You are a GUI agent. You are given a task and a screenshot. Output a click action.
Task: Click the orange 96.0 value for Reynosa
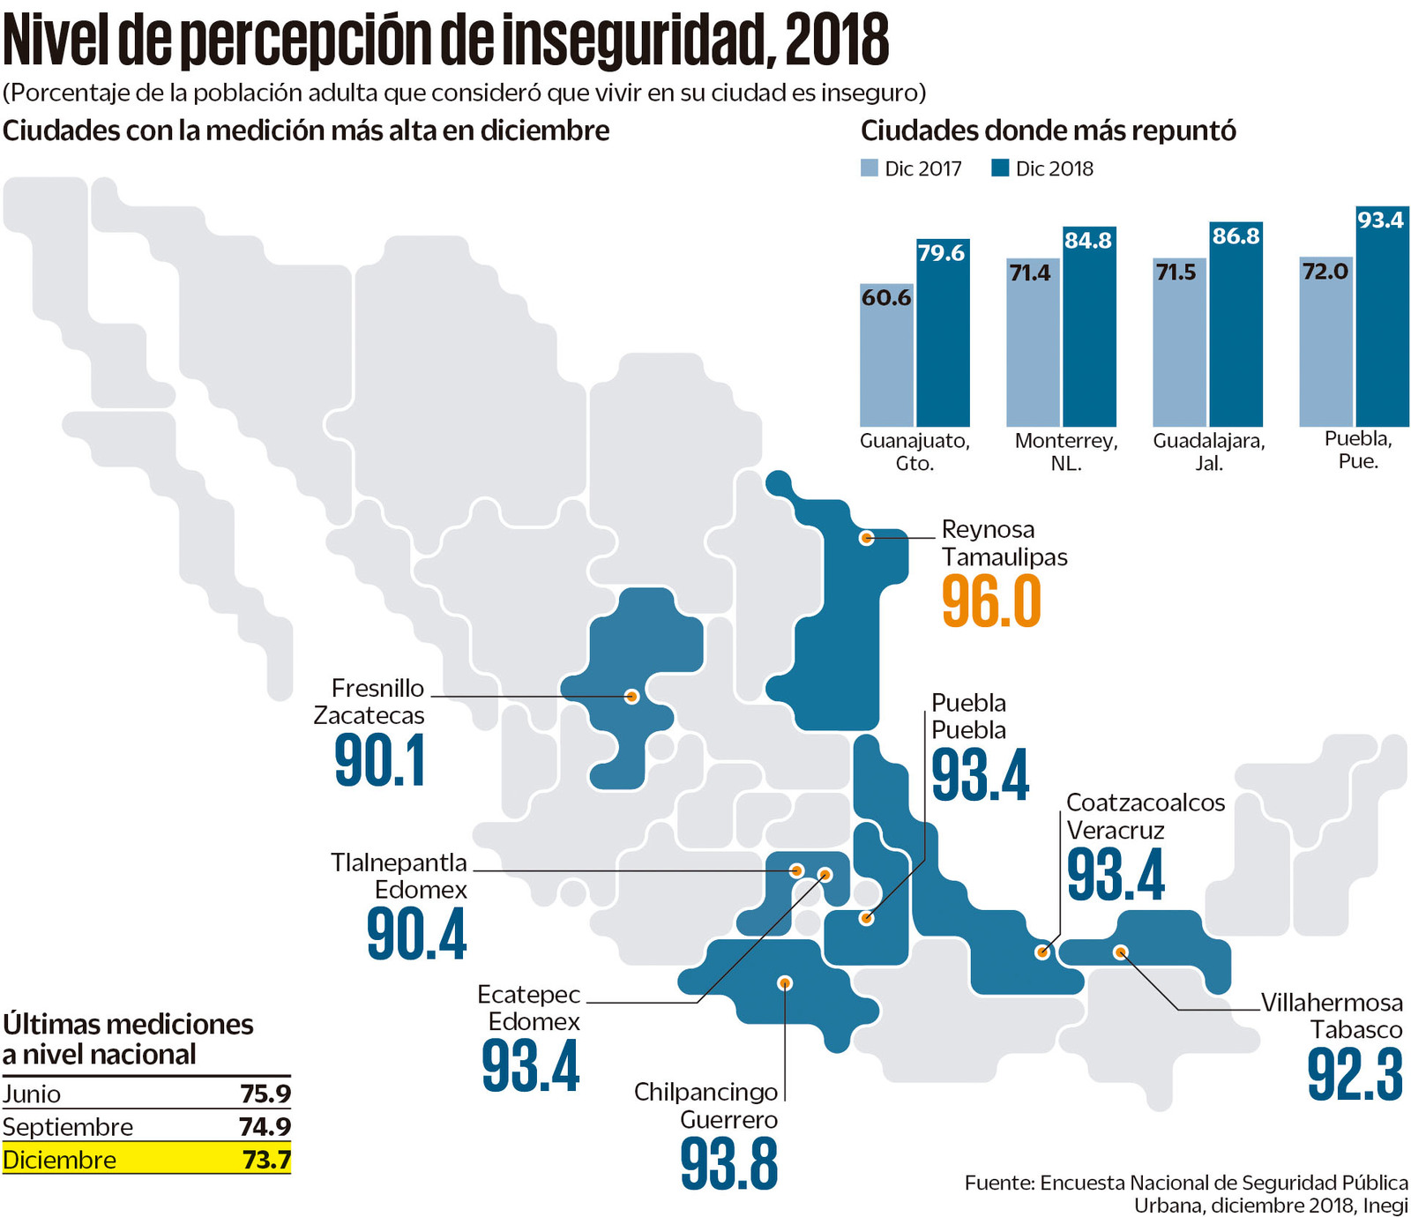point(991,601)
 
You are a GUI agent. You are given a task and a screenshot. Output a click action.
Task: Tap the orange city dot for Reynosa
point(866,537)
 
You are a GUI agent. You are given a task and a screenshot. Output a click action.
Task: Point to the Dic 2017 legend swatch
point(870,168)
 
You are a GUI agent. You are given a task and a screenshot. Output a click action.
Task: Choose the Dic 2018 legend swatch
point(1000,168)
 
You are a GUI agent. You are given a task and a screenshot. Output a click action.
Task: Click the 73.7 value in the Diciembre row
point(266,1160)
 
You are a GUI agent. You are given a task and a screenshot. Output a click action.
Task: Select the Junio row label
point(32,1094)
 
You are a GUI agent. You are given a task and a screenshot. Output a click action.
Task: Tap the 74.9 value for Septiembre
point(265,1127)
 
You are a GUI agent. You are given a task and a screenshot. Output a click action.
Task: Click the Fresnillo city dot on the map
point(631,696)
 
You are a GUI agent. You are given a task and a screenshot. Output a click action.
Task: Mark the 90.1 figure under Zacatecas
point(380,761)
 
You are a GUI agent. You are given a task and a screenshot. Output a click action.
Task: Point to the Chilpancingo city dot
point(785,982)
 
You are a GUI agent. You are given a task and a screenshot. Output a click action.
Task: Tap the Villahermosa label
point(1332,1003)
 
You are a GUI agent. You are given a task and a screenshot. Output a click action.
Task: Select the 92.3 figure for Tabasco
point(1355,1074)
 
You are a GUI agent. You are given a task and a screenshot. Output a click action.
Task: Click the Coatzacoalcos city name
point(1146,803)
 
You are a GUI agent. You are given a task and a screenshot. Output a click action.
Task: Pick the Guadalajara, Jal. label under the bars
point(1209,452)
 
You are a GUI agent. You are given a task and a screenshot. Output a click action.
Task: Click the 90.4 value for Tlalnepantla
point(416,935)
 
